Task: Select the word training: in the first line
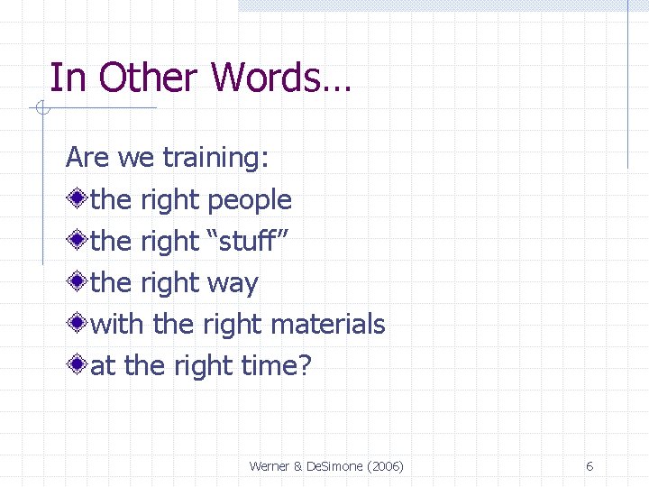[215, 158]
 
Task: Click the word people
[249, 200]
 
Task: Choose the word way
[233, 283]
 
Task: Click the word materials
[328, 324]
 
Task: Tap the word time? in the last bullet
[276, 366]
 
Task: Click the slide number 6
[590, 466]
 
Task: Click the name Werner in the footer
[269, 466]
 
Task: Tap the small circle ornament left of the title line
[41, 110]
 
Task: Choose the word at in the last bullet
[104, 366]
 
